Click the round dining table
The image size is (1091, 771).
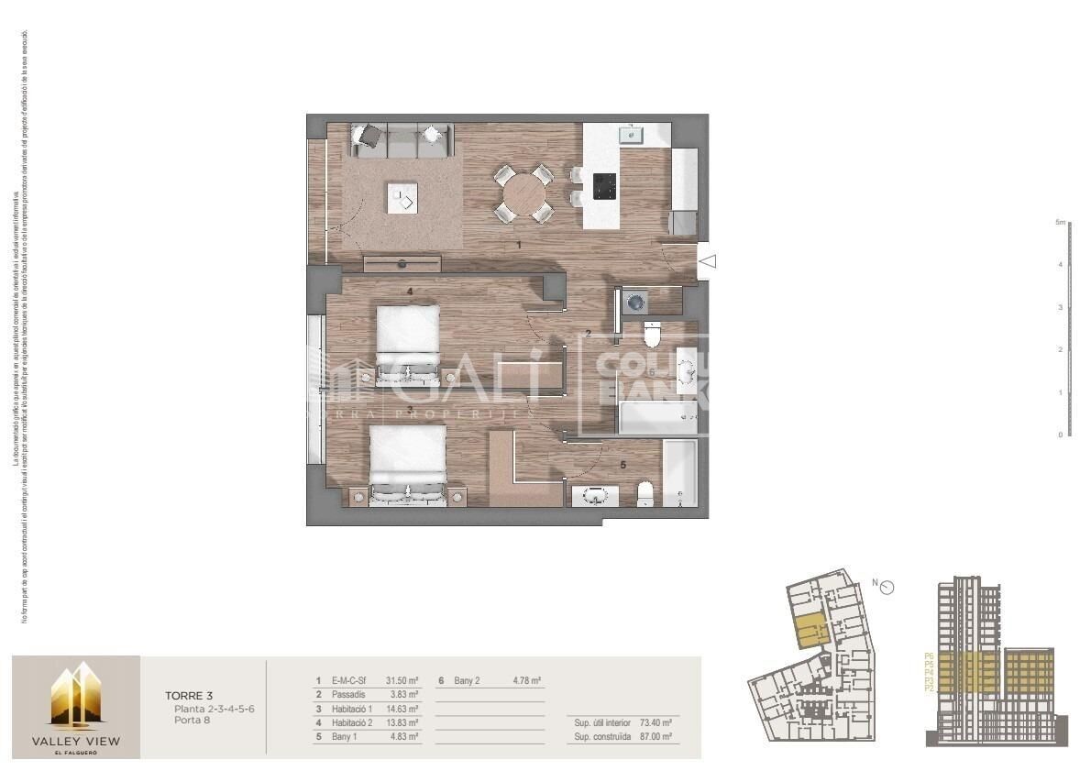523,193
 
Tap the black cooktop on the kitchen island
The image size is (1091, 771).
604,186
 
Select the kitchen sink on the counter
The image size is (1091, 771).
631,135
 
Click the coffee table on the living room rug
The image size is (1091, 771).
402,196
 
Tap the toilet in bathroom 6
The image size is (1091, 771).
653,336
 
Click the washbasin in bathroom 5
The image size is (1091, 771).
596,497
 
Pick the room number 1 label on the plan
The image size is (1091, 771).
519,246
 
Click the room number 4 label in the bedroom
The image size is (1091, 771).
410,292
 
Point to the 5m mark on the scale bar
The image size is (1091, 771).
1060,223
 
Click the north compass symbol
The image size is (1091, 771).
887,587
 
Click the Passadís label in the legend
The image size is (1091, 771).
348,695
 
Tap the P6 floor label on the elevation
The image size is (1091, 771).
930,656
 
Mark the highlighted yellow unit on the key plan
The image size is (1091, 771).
809,632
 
